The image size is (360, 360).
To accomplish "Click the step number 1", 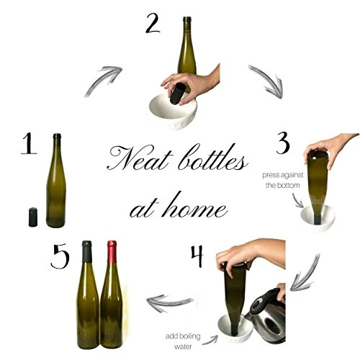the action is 29,143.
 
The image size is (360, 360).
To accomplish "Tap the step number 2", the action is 153,23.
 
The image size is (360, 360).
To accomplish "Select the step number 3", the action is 283,143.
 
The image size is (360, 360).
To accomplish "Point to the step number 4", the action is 197,256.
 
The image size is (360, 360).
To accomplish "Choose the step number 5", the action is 60,256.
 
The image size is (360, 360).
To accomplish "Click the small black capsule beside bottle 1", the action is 33,217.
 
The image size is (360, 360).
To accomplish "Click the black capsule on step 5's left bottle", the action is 87,251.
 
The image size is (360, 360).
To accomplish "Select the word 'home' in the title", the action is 195,207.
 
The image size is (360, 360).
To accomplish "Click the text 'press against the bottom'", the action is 283,180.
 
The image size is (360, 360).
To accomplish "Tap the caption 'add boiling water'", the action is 183,341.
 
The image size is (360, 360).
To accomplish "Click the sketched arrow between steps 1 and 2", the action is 103,81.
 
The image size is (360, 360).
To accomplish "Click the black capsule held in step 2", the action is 178,94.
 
